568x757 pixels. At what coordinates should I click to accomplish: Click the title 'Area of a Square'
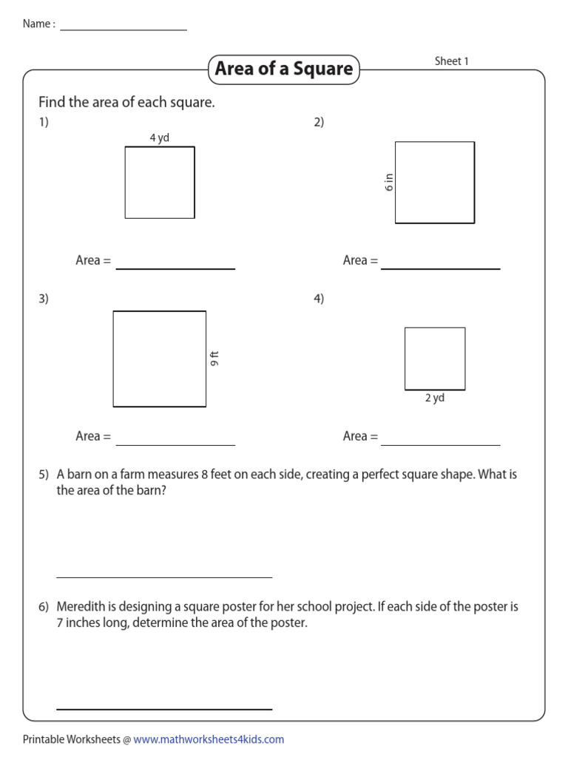pos(284,69)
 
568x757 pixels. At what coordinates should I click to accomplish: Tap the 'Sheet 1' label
pos(451,61)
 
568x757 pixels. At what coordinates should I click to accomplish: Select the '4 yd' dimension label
pos(159,138)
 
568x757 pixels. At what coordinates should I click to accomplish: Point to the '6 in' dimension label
pos(389,182)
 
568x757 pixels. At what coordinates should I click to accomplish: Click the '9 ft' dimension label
pos(215,359)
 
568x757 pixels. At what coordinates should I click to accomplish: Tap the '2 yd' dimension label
pos(434,398)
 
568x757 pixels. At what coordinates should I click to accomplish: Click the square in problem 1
pos(160,183)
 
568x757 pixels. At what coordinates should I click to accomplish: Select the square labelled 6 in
pos(435,183)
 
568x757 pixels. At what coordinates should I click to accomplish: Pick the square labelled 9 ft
pos(160,359)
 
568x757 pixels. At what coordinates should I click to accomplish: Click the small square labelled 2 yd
pos(435,359)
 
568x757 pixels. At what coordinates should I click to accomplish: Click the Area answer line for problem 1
pos(175,268)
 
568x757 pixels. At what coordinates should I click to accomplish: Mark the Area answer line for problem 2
pos(441,268)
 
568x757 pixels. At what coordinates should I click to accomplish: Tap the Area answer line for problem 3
pos(175,444)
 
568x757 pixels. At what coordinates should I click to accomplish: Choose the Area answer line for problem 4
pos(441,444)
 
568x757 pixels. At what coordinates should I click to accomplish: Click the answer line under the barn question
pos(164,576)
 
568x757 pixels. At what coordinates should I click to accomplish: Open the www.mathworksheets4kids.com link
pos(209,739)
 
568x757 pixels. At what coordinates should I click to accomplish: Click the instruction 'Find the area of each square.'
pos(126,103)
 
